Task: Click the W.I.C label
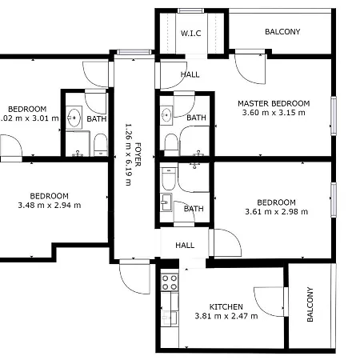point(190,33)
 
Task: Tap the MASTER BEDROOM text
point(274,103)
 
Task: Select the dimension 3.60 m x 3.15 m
point(274,114)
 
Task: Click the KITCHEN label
point(226,306)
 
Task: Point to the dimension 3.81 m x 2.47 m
point(226,316)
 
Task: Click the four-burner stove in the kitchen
point(170,282)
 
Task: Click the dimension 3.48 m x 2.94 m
point(49,206)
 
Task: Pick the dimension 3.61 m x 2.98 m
point(276,212)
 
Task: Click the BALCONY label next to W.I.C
point(282,32)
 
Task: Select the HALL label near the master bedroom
point(190,74)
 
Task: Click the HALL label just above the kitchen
point(185,246)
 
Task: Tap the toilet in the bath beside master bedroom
point(170,142)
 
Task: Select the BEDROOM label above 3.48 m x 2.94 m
point(49,196)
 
